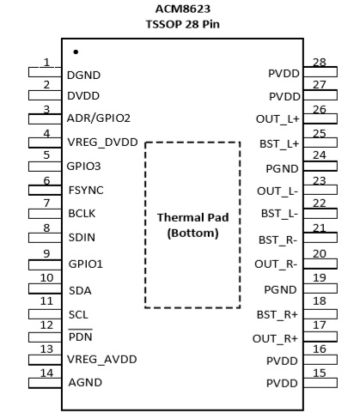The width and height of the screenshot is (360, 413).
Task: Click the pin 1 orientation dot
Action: [x=76, y=52]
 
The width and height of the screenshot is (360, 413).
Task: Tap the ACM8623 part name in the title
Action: [x=183, y=9]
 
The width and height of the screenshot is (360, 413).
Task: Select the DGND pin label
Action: [x=83, y=76]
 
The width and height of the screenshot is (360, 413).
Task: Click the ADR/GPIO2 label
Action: [x=99, y=118]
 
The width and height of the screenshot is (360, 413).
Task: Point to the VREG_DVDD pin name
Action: [x=102, y=143]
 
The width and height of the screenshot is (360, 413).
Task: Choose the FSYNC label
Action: [x=86, y=191]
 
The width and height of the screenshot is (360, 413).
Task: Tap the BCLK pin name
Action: [x=82, y=214]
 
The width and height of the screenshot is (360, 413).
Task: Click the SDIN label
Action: [x=82, y=238]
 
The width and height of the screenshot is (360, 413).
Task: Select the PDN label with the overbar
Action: [x=81, y=336]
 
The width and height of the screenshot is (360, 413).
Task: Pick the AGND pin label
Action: [x=85, y=383]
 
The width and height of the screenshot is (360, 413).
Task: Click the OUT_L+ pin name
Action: [x=278, y=119]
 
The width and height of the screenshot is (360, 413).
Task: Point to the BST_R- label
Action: [x=278, y=240]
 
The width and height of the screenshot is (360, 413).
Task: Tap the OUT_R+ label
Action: [x=275, y=339]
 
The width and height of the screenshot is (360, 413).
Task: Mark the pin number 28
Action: [x=320, y=63]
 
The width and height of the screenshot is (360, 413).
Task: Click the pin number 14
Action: [x=46, y=374]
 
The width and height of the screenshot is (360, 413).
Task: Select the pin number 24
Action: [x=320, y=155]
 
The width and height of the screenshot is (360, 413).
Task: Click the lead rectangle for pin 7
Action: [x=45, y=214]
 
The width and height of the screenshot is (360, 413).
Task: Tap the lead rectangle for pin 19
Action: [x=320, y=288]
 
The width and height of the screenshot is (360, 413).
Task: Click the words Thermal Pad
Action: [x=192, y=217]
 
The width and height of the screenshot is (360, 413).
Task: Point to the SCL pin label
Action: [x=78, y=315]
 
